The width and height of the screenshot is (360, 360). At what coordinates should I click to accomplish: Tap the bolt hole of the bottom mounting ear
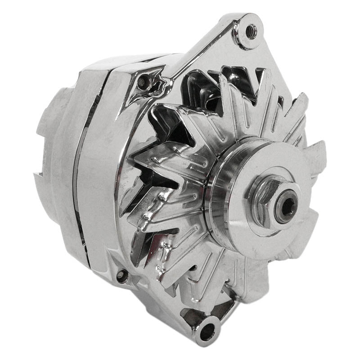point(207,332)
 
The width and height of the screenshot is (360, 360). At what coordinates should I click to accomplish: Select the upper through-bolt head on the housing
point(143,81)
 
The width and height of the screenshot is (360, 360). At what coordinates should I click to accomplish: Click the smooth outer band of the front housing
point(103,189)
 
